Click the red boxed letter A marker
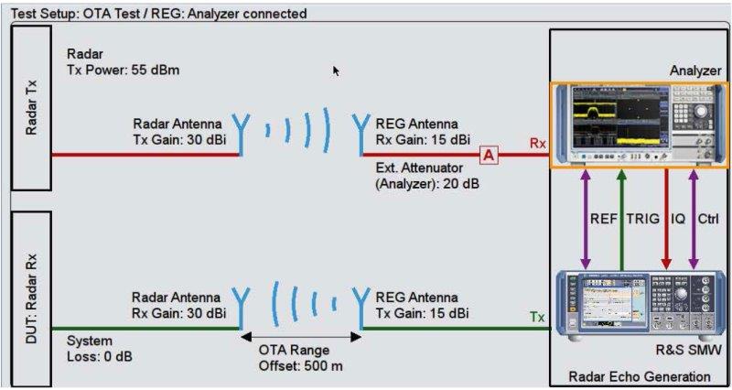490,155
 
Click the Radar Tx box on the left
31,108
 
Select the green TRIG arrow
621,220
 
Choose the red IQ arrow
666,220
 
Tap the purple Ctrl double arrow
693,220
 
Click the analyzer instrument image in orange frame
635,124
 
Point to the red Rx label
538,144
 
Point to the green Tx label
538,317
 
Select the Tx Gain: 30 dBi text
179,139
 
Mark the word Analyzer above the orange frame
695,70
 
